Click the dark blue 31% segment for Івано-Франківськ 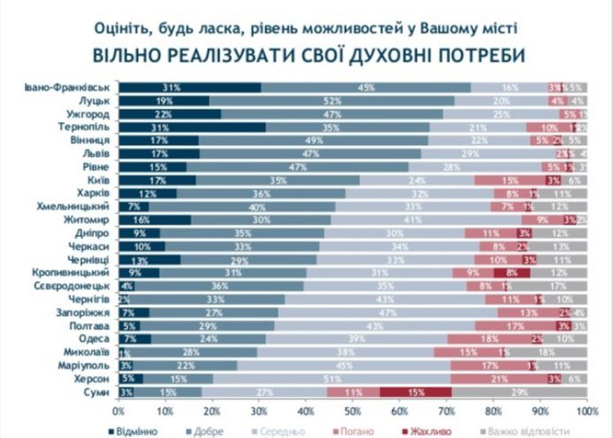tap(190, 88)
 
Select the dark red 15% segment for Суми tap(416, 392)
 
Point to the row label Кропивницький tap(71, 273)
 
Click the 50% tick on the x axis tap(352, 411)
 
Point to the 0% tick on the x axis tap(118, 411)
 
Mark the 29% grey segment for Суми tap(519, 392)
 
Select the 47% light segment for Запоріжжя tap(387, 313)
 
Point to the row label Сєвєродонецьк tap(70, 287)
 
